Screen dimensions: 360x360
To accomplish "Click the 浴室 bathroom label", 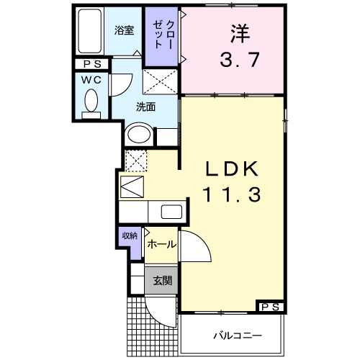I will point(125,30).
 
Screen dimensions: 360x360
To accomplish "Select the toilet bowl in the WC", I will point(91,100).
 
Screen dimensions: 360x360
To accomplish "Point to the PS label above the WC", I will point(91,64).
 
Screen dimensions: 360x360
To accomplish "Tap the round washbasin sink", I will point(138,135).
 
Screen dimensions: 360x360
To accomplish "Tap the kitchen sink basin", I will point(171,212).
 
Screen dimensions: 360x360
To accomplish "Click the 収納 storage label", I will point(130,236).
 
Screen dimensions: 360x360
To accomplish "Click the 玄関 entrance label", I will point(161,280).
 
